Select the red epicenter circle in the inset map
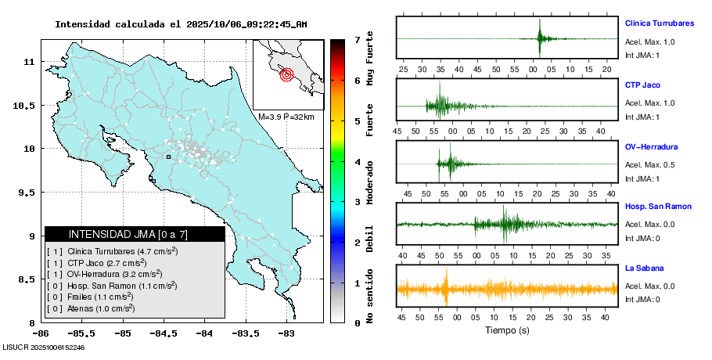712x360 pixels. pyautogui.click(x=286, y=75)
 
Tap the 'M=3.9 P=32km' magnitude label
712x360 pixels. pyautogui.click(x=286, y=117)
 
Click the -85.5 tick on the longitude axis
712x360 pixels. pyautogui.click(x=82, y=333)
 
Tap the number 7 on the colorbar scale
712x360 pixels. pyautogui.click(x=357, y=39)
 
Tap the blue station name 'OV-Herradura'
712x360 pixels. pyautogui.click(x=651, y=146)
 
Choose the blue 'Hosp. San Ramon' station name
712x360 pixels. pyautogui.click(x=658, y=206)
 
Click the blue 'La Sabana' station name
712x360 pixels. pyautogui.click(x=645, y=268)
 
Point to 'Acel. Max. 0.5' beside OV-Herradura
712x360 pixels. pyautogui.click(x=649, y=165)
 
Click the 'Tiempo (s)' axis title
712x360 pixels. pyautogui.click(x=508, y=330)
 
